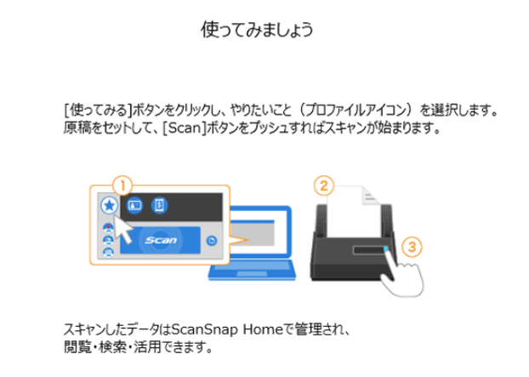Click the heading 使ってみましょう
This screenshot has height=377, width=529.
[x=257, y=30]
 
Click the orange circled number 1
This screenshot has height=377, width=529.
[x=122, y=186]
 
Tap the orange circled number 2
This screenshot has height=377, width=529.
[x=324, y=186]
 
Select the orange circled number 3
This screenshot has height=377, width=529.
[x=412, y=247]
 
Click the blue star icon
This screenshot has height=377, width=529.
[x=110, y=205]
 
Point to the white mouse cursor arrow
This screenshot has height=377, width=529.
[x=123, y=230]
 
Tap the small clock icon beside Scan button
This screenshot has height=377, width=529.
[x=212, y=241]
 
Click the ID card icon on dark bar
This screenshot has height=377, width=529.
[x=134, y=205]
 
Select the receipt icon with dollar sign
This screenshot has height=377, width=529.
[x=159, y=205]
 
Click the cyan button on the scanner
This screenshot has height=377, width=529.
[x=385, y=249]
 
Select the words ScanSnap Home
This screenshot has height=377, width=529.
[x=227, y=329]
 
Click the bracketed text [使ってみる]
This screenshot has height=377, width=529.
[x=98, y=110]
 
